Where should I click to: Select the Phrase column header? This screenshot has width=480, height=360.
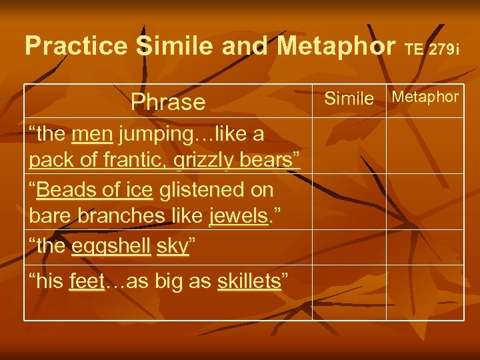click(168, 102)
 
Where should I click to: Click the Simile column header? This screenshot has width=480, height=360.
click(349, 99)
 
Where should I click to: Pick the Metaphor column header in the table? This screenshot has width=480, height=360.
click(425, 97)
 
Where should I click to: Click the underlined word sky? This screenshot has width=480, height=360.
click(171, 247)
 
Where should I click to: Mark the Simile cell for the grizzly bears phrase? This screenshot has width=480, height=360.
click(349, 146)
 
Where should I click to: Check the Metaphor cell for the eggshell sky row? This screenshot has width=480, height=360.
click(425, 247)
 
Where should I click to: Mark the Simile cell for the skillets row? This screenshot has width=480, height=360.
click(349, 292)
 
